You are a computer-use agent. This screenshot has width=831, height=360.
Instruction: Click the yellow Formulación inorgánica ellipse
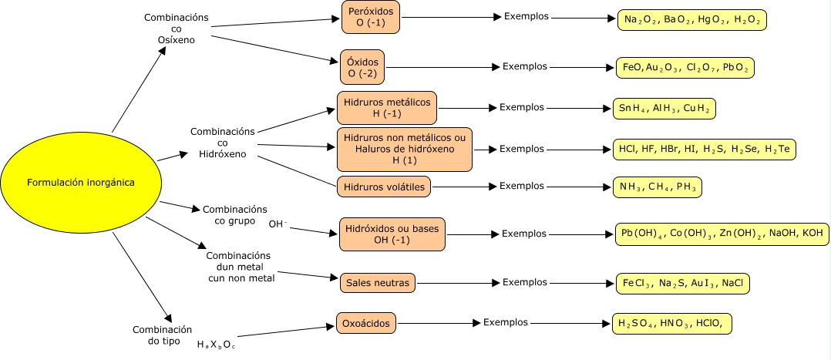(81, 183)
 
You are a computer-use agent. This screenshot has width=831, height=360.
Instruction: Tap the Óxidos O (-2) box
(362, 67)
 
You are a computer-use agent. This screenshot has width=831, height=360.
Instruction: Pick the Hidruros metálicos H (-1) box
(387, 108)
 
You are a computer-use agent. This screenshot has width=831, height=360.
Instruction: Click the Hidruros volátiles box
(384, 186)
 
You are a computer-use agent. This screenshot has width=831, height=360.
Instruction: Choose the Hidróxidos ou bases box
(392, 234)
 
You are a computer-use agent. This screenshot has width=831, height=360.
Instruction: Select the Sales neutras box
(378, 283)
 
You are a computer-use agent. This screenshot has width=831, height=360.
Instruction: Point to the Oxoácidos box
(365, 322)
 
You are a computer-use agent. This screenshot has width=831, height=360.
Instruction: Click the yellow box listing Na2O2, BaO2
(692, 19)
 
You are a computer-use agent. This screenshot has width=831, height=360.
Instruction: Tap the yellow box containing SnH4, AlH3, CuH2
(663, 109)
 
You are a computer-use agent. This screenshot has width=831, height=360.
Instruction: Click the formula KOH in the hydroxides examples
(812, 233)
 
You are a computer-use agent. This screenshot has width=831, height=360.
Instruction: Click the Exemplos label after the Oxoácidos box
(506, 321)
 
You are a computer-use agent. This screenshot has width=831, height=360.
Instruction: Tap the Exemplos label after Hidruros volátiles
(522, 186)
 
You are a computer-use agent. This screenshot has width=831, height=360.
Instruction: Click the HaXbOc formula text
(216, 344)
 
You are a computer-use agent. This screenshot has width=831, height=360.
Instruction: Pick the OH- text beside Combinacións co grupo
(278, 224)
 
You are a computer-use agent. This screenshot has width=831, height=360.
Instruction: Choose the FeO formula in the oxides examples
(632, 68)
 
